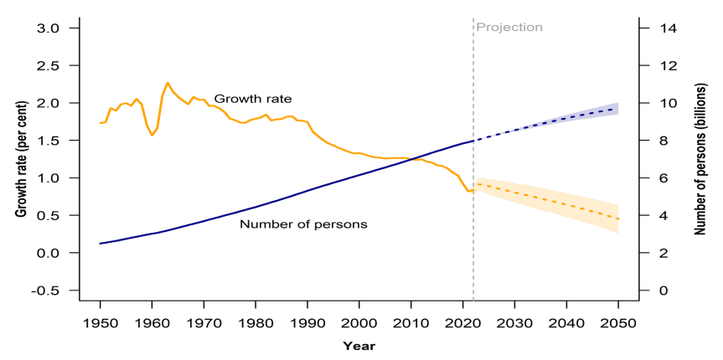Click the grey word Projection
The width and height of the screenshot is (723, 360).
click(x=509, y=27)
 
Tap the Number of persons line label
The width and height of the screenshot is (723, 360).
click(x=303, y=224)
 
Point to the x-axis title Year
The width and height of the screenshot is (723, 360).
click(x=359, y=345)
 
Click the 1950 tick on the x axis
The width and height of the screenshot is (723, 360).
click(x=100, y=322)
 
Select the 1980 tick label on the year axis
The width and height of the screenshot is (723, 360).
click(x=256, y=322)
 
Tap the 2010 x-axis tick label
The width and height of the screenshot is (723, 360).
click(x=411, y=322)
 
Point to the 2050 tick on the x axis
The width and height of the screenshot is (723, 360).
click(x=618, y=322)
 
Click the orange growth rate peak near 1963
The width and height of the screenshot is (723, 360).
click(x=168, y=83)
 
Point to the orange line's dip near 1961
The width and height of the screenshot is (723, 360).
click(x=152, y=135)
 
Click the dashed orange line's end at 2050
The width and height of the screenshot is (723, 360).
click(x=618, y=219)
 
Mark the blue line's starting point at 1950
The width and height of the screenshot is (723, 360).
click(x=100, y=244)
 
